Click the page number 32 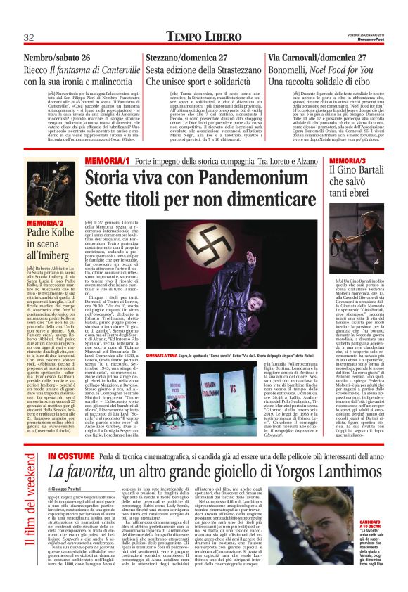point(30,37)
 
